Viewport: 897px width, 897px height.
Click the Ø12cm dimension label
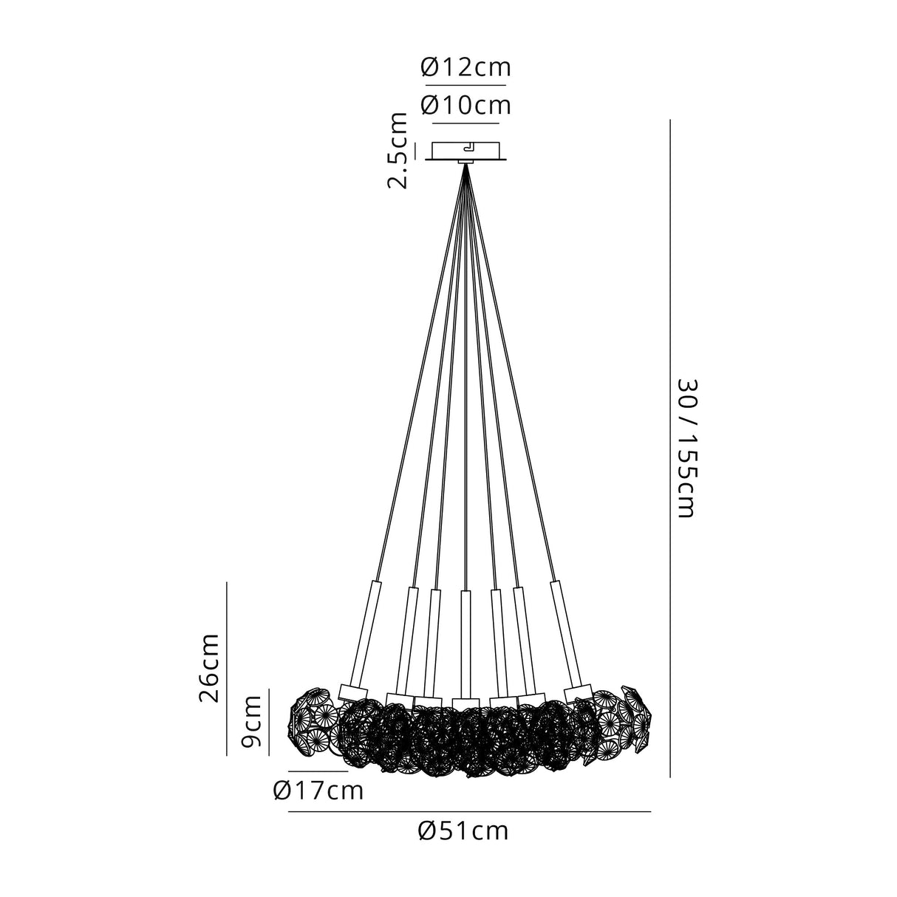(465, 68)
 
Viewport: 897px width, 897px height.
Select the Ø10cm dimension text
(465, 106)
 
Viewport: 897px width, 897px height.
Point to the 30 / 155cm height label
(686, 448)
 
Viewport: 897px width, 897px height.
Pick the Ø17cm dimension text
(318, 791)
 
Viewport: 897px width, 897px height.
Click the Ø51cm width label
(463, 831)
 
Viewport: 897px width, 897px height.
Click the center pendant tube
(465, 643)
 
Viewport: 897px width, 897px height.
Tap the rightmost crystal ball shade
(632, 717)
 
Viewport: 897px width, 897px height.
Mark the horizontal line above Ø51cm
(469, 812)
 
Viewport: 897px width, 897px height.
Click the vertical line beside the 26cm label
(227, 668)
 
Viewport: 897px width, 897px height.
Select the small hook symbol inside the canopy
(469, 147)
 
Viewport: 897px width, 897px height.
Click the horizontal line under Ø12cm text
(465, 86)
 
